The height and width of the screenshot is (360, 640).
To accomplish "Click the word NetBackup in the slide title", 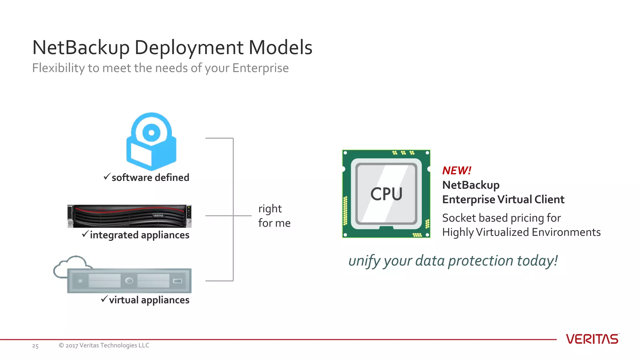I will point(81,47).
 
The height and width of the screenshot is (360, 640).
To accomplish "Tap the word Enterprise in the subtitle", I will point(260,68).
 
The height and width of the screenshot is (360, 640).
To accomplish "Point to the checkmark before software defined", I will point(107,177).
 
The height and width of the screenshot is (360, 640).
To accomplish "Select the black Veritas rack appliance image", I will point(129,216).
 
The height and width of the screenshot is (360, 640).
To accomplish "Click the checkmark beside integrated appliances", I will point(85,234).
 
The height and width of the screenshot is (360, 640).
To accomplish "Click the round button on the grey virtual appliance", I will point(129,281).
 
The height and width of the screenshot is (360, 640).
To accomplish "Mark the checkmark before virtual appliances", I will point(104,299).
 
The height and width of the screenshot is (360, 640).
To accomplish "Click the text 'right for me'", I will point(274,216).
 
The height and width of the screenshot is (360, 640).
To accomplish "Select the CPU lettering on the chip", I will point(386,194).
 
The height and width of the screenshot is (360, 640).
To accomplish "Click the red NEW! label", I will point(457,171).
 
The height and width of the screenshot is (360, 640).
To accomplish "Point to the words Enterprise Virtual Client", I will point(503,199).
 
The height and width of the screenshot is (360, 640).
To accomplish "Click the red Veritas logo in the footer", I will point(592,339).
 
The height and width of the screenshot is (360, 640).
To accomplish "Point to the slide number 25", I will point(35,346).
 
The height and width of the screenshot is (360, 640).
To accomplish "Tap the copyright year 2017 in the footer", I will point(72,345).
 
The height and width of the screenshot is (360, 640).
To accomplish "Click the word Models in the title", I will point(280,47).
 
